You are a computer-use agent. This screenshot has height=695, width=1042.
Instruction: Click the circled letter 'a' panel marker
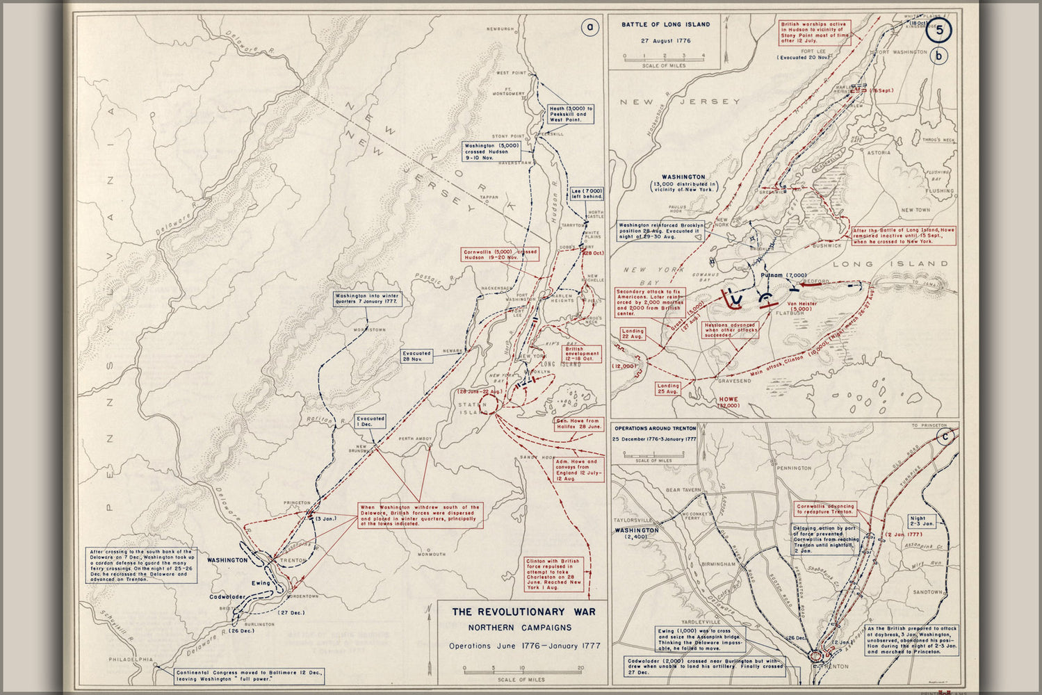click(x=589, y=28)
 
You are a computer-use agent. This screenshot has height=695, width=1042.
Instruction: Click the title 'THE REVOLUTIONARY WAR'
click(x=523, y=612)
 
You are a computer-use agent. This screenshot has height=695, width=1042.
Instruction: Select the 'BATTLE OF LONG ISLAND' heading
click(x=665, y=24)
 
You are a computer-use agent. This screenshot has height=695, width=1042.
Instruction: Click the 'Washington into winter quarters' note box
click(x=366, y=300)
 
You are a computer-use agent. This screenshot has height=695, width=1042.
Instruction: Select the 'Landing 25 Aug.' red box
click(x=668, y=389)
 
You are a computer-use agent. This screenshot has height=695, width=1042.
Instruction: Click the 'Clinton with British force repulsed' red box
click(x=554, y=574)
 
